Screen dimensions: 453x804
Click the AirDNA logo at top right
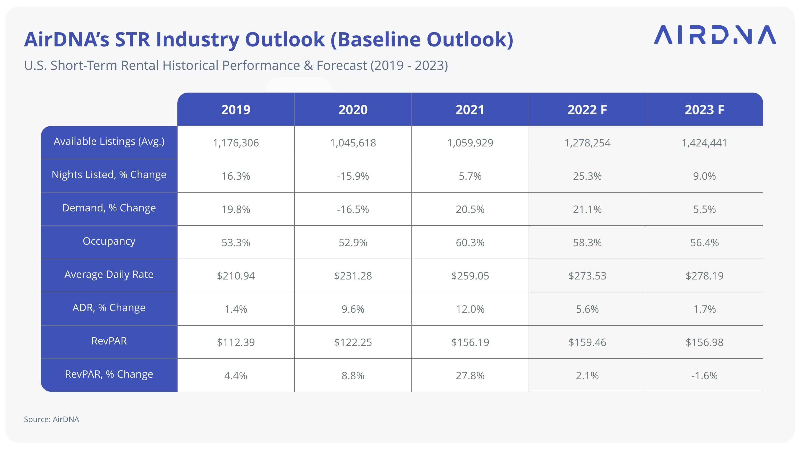coord(715,35)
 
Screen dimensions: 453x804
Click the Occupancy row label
coord(109,241)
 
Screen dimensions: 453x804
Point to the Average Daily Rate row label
coord(109,274)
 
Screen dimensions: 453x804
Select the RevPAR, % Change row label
coord(109,374)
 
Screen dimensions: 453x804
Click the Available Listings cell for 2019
coord(236,143)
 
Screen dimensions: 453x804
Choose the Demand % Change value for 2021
coord(470,209)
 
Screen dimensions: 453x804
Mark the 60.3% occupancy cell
coord(470,243)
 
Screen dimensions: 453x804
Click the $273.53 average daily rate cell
coord(587,276)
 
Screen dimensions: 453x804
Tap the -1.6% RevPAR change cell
coord(704,376)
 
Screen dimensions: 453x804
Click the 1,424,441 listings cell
coord(704,143)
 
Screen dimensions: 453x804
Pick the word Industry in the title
coord(197,40)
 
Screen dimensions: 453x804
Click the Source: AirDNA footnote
coord(52,419)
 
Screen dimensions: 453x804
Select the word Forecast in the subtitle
coord(341,65)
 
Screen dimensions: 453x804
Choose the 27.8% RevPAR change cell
coord(470,376)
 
